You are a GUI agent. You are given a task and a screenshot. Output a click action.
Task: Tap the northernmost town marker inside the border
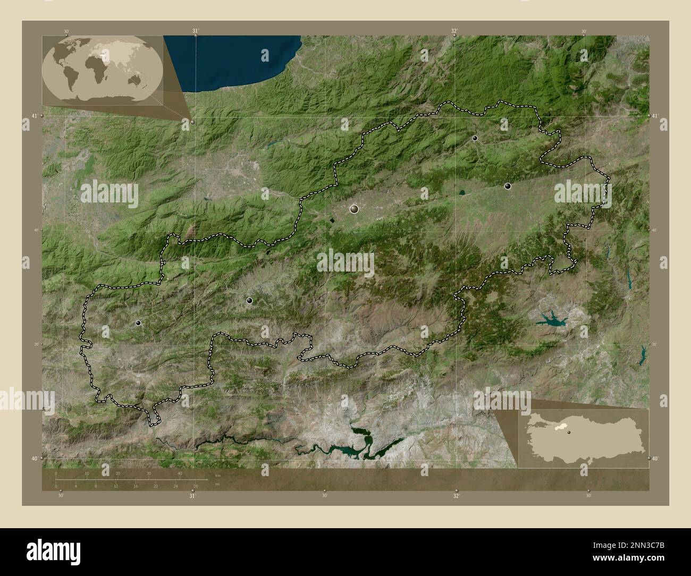475,138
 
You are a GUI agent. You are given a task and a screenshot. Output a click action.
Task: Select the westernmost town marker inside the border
139,323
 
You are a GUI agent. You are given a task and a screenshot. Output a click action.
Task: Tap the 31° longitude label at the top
195,31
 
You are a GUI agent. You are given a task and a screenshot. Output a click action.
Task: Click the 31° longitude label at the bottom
192,496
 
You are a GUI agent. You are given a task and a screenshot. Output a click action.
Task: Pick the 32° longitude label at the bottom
456,496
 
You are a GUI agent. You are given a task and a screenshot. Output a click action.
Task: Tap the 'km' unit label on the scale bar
217,475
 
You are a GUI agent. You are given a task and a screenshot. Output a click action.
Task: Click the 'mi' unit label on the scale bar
217,485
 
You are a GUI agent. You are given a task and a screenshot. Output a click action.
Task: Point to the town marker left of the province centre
249,300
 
